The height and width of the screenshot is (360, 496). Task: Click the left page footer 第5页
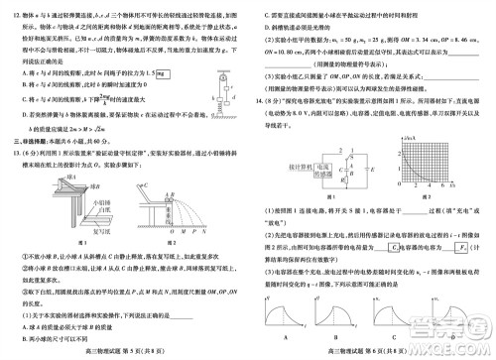tap(125, 352)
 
